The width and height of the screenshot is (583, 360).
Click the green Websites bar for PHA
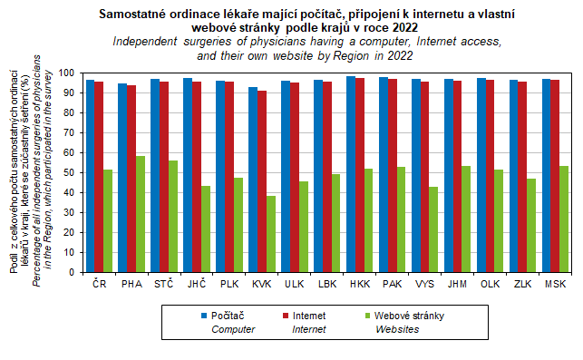tap(141, 214)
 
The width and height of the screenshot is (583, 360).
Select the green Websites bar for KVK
tap(271, 234)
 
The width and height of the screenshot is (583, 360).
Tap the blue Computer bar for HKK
tap(351, 174)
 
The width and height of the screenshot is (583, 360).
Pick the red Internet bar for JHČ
tap(197, 177)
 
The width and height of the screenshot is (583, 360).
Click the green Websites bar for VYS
tap(433, 229)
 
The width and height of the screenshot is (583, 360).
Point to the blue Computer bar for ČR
tap(90, 176)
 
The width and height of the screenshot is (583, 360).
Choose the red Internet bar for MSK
tap(555, 176)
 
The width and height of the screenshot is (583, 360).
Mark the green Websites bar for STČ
tap(173, 216)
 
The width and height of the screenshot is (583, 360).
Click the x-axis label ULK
tap(295, 284)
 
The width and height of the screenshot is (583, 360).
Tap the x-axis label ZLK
tap(522, 284)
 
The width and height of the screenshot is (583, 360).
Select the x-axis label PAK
tap(393, 284)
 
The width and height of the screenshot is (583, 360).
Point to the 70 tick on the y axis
tap(70, 132)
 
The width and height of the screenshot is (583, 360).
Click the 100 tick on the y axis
tap(67, 73)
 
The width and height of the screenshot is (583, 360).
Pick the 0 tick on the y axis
tap(72, 272)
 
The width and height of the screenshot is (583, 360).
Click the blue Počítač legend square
tap(204, 316)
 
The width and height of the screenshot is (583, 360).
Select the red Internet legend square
tap(286, 316)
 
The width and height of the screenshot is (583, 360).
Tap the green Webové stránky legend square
tap(368, 316)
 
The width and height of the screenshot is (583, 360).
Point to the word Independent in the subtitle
tap(145, 42)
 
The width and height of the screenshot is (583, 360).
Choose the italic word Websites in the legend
tap(397, 329)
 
